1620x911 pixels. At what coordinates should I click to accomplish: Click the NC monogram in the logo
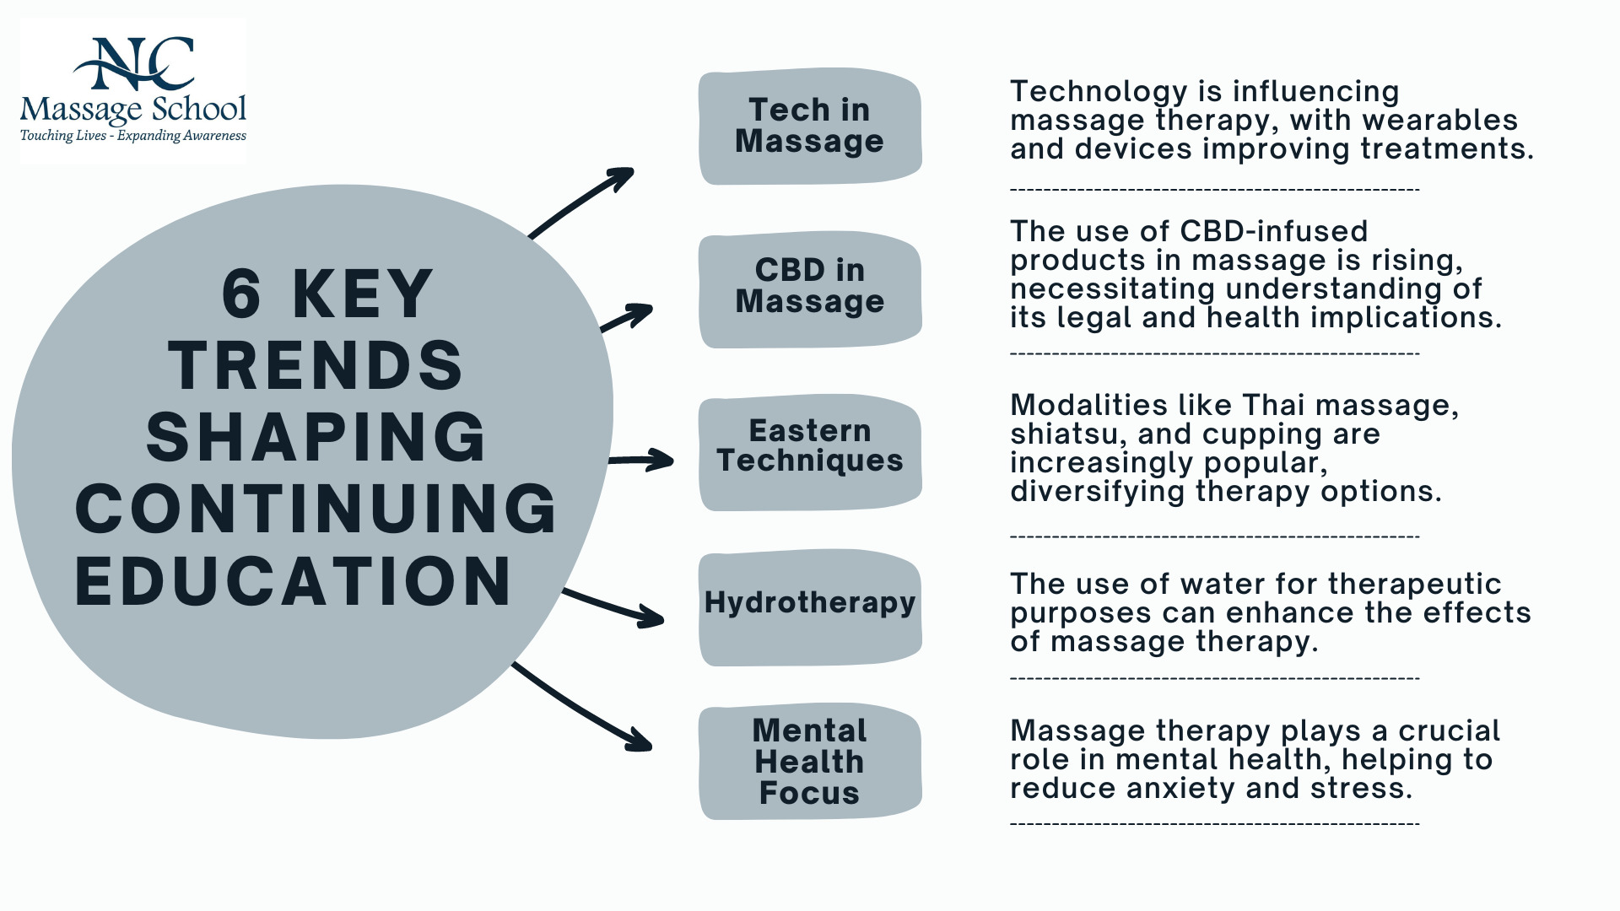pyautogui.click(x=134, y=63)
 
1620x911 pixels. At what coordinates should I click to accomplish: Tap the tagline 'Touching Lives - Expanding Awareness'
pyautogui.click(x=133, y=136)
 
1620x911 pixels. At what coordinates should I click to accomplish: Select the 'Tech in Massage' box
pyautogui.click(x=810, y=127)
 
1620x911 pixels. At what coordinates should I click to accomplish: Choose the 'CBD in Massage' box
pyautogui.click(x=810, y=289)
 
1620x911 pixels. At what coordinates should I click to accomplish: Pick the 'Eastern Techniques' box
pyautogui.click(x=810, y=452)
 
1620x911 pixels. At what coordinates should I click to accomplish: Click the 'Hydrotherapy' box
pyautogui.click(x=810, y=607)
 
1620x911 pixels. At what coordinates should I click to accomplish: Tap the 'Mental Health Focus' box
pyautogui.click(x=810, y=762)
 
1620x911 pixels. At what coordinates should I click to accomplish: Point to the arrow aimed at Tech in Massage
pyautogui.click(x=580, y=202)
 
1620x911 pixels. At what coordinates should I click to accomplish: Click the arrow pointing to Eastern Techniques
pyautogui.click(x=641, y=460)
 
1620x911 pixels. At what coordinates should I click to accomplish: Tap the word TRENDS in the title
pyautogui.click(x=316, y=365)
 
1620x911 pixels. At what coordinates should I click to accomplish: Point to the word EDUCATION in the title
pyautogui.click(x=294, y=581)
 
